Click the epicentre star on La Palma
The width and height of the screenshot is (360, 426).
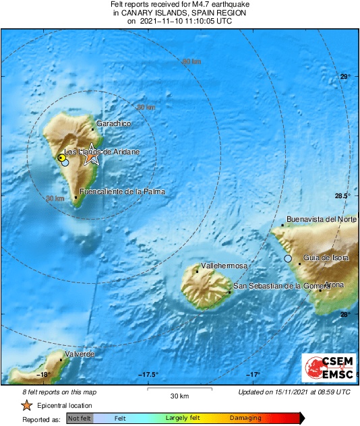[x=92, y=157]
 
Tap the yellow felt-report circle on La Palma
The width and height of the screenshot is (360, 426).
[x=61, y=157]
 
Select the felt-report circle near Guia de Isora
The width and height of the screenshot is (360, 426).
[x=288, y=259]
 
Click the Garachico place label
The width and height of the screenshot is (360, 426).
[x=113, y=124]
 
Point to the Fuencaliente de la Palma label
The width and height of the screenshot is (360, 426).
[x=122, y=191]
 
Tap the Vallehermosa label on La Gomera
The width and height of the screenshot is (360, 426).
[x=224, y=266]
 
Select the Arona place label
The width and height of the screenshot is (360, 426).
[x=334, y=284]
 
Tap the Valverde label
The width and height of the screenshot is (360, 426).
[x=79, y=355]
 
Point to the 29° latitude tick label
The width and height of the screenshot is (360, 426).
[x=344, y=77]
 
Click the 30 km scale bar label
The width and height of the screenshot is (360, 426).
[x=179, y=395]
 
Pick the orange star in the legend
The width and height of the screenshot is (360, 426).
[x=26, y=406]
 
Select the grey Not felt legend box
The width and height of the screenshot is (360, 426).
[x=80, y=419]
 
